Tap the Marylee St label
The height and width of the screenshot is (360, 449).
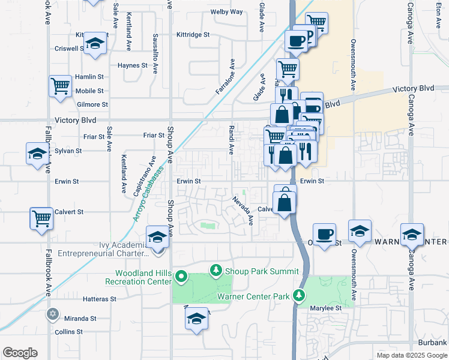[x=326, y=308]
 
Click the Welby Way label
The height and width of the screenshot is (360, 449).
[x=227, y=12]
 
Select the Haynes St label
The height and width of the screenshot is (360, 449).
[x=133, y=65]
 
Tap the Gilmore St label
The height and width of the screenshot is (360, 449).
[x=92, y=104]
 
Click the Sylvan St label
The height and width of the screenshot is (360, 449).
[x=68, y=151]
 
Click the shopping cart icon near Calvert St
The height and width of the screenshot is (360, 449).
[x=41, y=218]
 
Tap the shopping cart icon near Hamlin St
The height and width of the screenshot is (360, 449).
[x=60, y=86]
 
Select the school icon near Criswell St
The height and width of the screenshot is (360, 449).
[x=95, y=43]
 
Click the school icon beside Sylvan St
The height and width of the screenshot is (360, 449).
[x=37, y=154]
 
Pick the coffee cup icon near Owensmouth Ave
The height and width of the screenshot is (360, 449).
[x=324, y=234]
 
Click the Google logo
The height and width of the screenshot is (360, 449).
[x=20, y=353]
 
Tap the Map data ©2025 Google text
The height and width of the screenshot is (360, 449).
[x=411, y=355]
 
